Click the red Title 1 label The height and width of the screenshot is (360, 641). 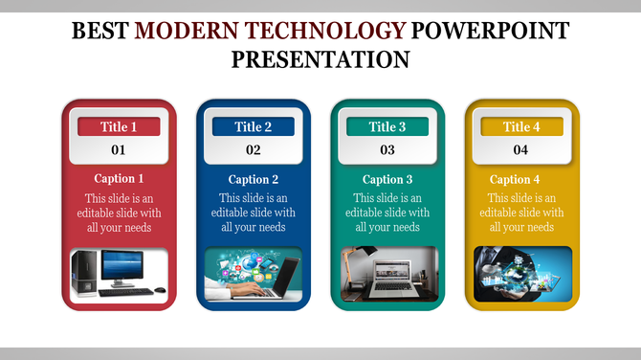119,126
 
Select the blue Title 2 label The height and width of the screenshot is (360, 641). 254,126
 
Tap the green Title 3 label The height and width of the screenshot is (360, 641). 387,126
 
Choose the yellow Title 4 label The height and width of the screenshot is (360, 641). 521,126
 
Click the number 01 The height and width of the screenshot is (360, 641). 119,149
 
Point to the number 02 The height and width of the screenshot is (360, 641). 254,149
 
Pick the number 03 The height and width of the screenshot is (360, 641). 387,149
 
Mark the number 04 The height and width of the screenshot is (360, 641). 521,149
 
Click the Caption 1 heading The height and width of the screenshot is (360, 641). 119,179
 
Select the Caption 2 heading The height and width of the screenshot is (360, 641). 254,179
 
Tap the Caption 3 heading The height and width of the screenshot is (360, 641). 387,179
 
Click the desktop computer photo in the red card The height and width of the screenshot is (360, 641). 120,273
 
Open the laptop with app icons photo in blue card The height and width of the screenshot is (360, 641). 254,273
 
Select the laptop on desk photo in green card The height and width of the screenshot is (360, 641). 387,273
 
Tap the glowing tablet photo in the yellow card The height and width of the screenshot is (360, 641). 521,273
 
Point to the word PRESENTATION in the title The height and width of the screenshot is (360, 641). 320,59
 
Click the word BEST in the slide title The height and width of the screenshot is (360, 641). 101,32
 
